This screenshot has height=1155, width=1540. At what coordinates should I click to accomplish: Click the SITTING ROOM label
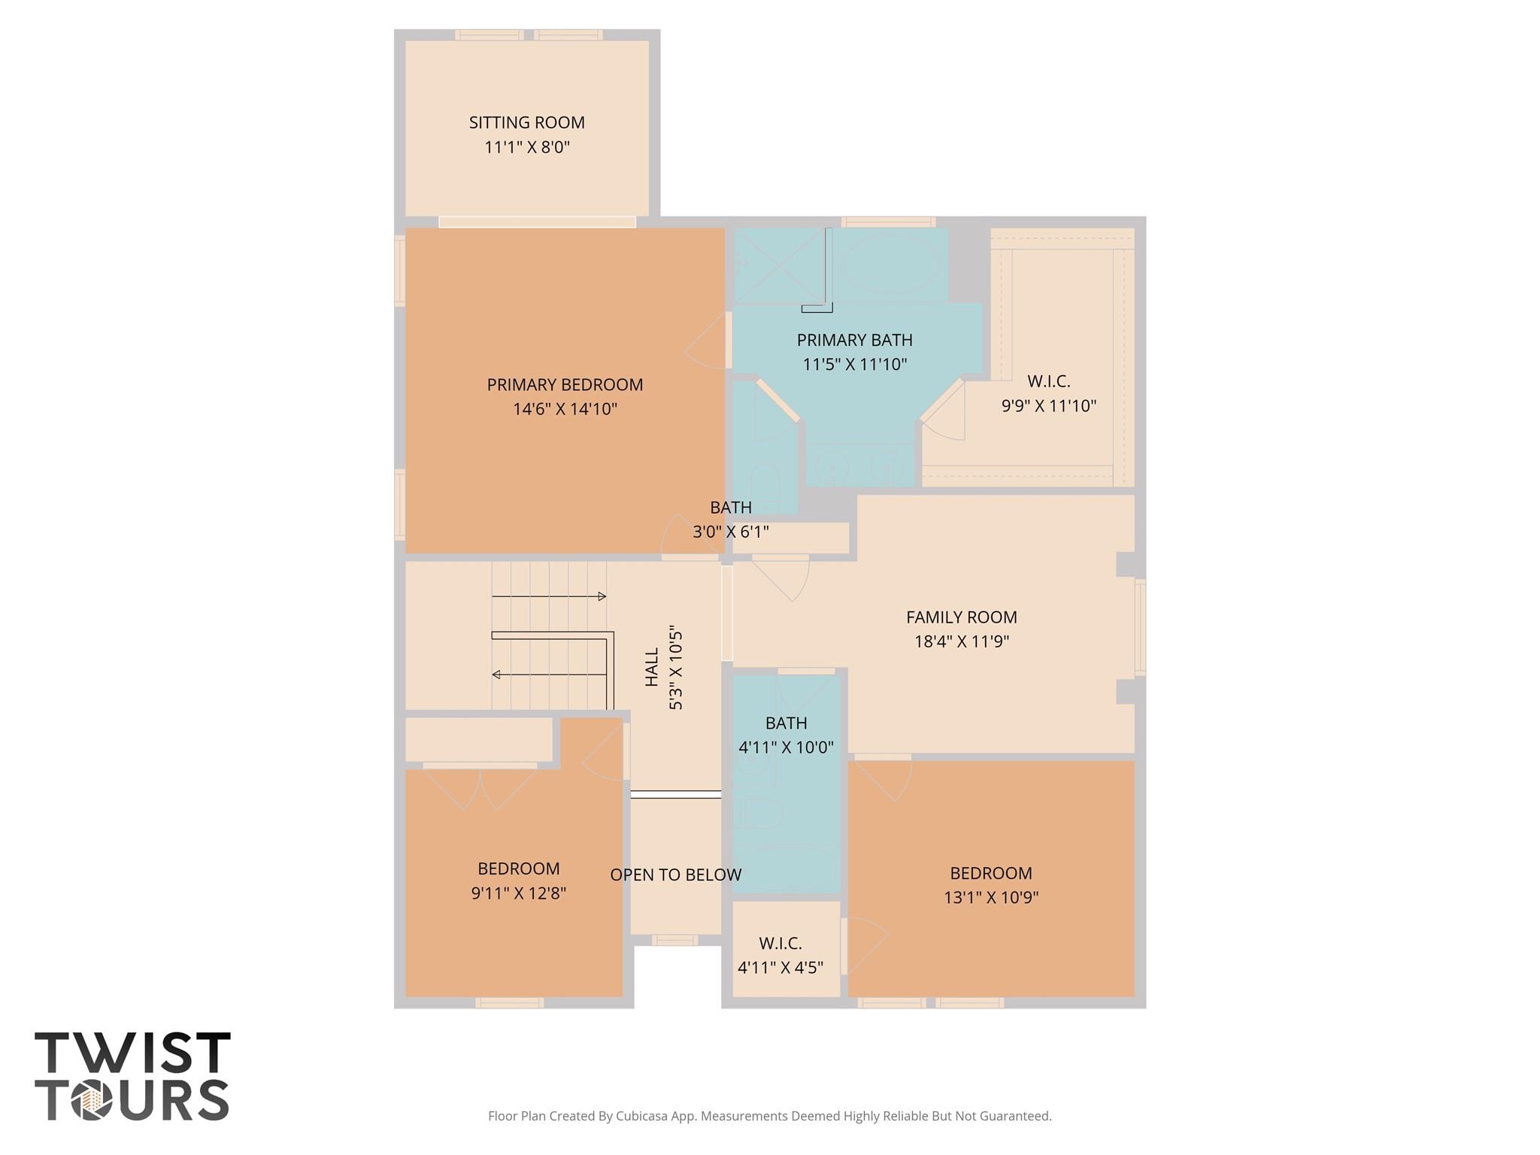pyautogui.click(x=526, y=123)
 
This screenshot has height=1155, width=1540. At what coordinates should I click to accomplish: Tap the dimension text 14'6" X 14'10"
pyautogui.click(x=565, y=409)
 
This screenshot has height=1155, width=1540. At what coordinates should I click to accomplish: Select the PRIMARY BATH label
pyautogui.click(x=854, y=340)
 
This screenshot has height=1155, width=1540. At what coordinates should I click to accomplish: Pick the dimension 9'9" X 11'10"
pyautogui.click(x=1048, y=406)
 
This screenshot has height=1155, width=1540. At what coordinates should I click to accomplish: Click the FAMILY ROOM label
pyautogui.click(x=961, y=617)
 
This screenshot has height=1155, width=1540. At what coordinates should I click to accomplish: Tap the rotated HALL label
pyautogui.click(x=652, y=667)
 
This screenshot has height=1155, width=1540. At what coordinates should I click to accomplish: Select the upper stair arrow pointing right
pyautogui.click(x=549, y=596)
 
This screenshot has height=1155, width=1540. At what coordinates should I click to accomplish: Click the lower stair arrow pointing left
pyautogui.click(x=549, y=675)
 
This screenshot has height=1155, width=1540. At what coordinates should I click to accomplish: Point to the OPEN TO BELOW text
pyautogui.click(x=675, y=875)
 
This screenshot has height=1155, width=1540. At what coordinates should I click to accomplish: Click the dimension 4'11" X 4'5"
pyautogui.click(x=780, y=968)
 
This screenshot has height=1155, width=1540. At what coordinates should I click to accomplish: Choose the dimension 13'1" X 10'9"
pyautogui.click(x=990, y=897)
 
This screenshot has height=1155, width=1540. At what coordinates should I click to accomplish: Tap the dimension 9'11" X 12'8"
pyautogui.click(x=518, y=893)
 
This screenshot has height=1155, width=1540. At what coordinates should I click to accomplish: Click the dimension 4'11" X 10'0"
pyautogui.click(x=786, y=747)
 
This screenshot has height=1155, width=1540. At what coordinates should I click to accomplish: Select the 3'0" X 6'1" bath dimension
pyautogui.click(x=730, y=532)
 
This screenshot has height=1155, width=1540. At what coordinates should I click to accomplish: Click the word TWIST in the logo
pyautogui.click(x=132, y=1053)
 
